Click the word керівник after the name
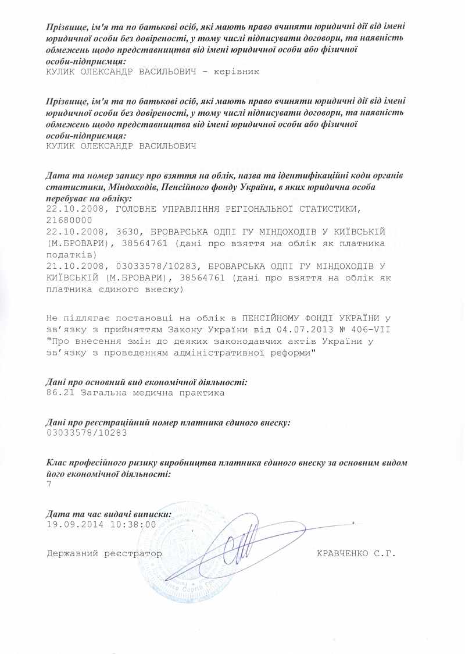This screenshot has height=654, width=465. click(235, 71)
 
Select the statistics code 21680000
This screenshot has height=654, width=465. click(69, 220)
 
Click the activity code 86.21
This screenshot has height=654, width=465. click(59, 393)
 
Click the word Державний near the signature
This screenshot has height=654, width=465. click(71, 553)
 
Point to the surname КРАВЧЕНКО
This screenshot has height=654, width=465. click(342, 553)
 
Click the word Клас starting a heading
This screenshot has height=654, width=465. click(57, 463)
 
